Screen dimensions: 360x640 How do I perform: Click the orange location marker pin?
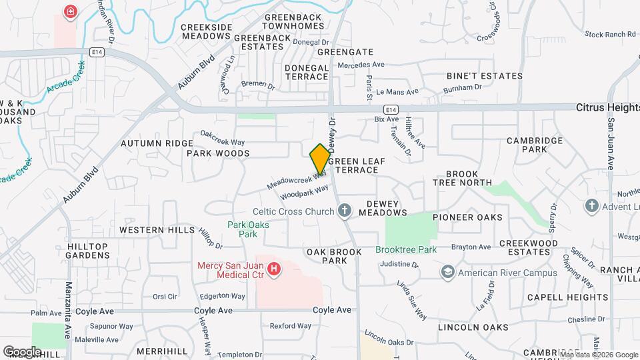tap(320, 159)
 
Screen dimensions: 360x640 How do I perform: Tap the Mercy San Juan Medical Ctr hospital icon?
tap(273, 269)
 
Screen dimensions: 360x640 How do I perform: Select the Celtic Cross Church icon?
tap(345, 212)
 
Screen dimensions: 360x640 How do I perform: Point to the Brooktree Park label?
tap(405, 249)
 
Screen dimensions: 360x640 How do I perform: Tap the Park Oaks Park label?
tap(248, 229)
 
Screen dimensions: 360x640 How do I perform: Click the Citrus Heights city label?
tap(607, 107)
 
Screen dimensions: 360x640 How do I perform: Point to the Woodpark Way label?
tap(305, 192)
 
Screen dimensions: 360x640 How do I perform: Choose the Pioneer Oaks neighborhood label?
tap(467, 217)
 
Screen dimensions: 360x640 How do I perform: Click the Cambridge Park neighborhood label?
tap(536, 145)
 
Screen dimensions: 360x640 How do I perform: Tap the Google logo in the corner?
tap(21, 351)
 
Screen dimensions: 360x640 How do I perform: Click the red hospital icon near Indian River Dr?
tap(69, 11)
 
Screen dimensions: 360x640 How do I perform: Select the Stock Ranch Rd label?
tap(610, 34)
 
